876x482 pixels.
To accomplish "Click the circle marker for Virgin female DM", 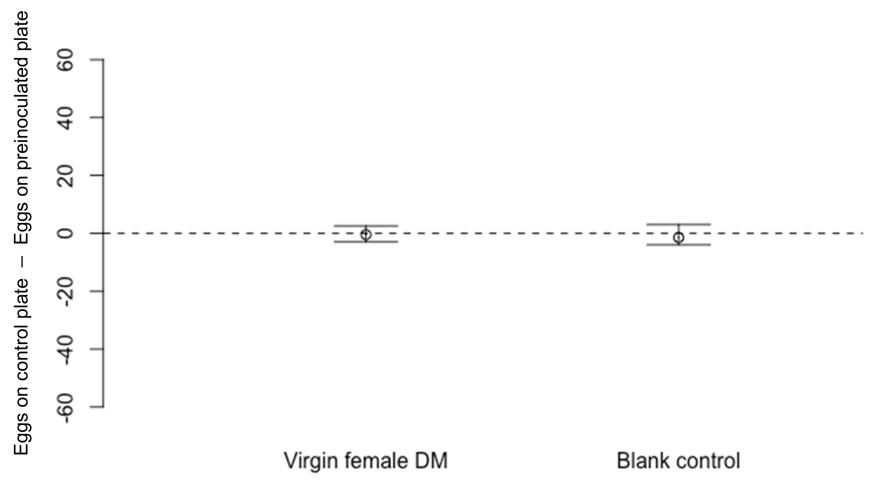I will pos(365,234).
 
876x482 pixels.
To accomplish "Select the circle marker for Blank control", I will pos(679,238).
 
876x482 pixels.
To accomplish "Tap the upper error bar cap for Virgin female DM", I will pos(365,226).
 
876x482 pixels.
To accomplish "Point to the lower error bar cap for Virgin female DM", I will pos(365,242).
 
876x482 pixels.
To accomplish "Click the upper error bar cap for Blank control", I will pos(679,224).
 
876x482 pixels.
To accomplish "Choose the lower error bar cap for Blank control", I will pos(679,245).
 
